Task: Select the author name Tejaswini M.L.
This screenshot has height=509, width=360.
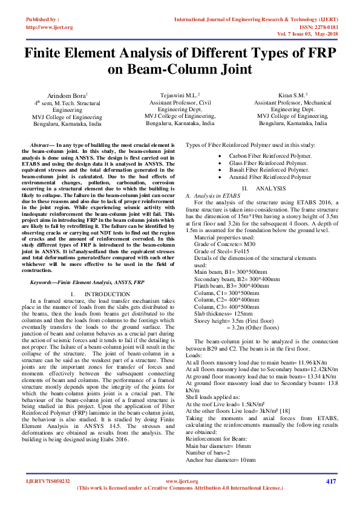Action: pyautogui.click(x=180, y=96)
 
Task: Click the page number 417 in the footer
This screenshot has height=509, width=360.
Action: pyautogui.click(x=330, y=481)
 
